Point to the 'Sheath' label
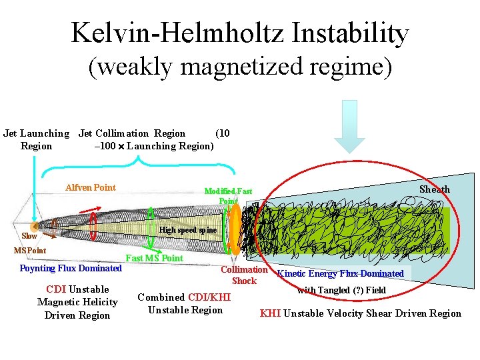coord(434,189)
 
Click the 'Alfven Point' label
coord(90,187)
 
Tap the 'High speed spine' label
coord(188,230)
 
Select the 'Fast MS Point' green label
coord(154,258)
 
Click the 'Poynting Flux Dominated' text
coord(71,268)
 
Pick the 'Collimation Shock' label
coord(244,275)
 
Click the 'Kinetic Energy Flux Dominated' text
coord(340,273)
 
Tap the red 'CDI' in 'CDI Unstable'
coord(56,289)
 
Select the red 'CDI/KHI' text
coord(209,297)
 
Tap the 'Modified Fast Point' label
coord(228,195)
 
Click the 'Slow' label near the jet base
coord(29,235)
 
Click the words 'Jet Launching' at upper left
coord(36,133)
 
